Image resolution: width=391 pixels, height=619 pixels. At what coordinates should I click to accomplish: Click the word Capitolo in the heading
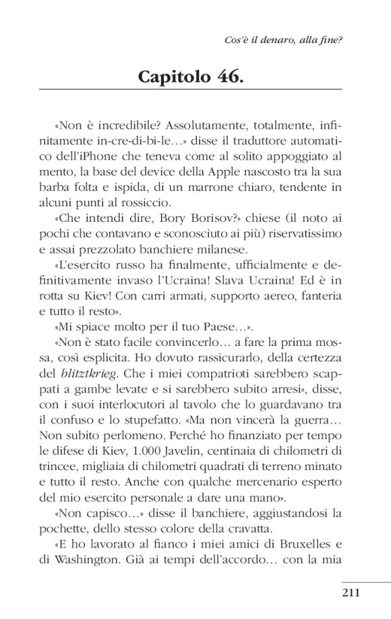point(177,76)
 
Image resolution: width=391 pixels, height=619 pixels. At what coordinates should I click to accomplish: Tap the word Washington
point(98,559)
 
